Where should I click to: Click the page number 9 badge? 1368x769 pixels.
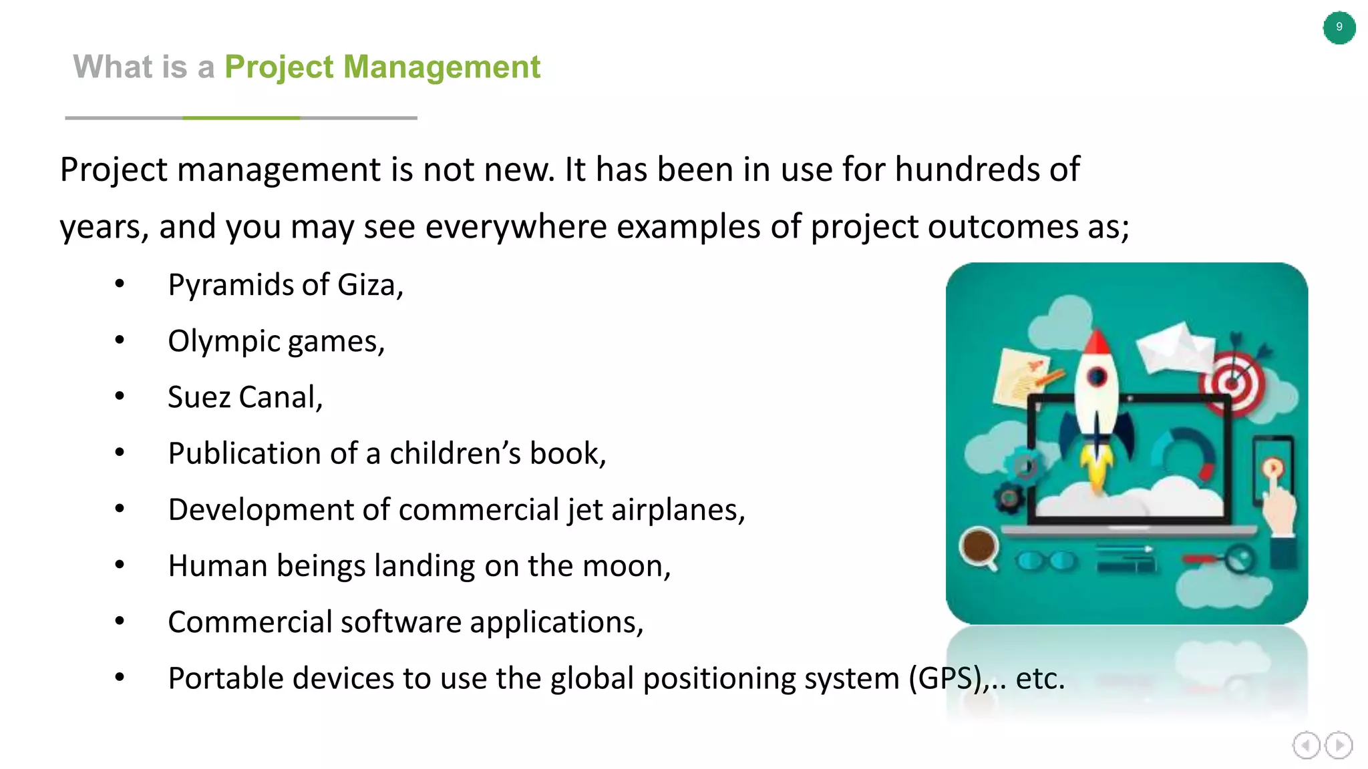(1339, 27)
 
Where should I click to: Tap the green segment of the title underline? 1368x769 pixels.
(241, 117)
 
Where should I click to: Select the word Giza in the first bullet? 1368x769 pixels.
(369, 285)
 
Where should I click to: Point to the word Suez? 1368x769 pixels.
(199, 397)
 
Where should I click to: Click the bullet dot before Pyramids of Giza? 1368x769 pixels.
(120, 284)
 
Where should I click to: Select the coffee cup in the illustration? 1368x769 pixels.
(979, 545)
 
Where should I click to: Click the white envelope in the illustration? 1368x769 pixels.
(1176, 347)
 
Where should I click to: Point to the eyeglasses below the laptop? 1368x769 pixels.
(1046, 561)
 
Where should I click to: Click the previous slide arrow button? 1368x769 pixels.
(1306, 745)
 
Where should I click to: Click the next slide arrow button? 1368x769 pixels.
(1339, 745)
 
